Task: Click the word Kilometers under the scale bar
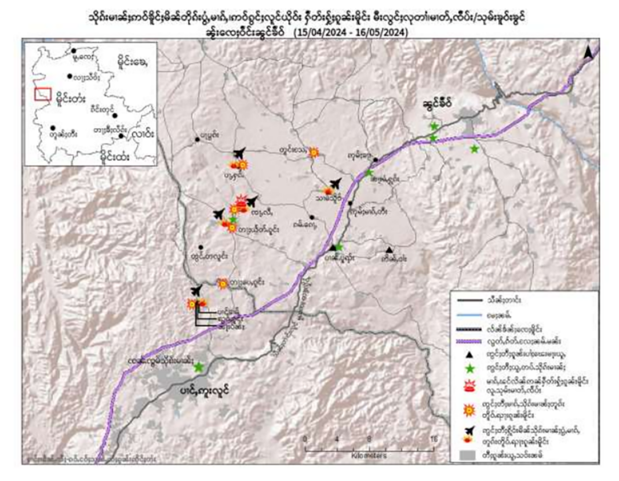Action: (369, 455)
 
